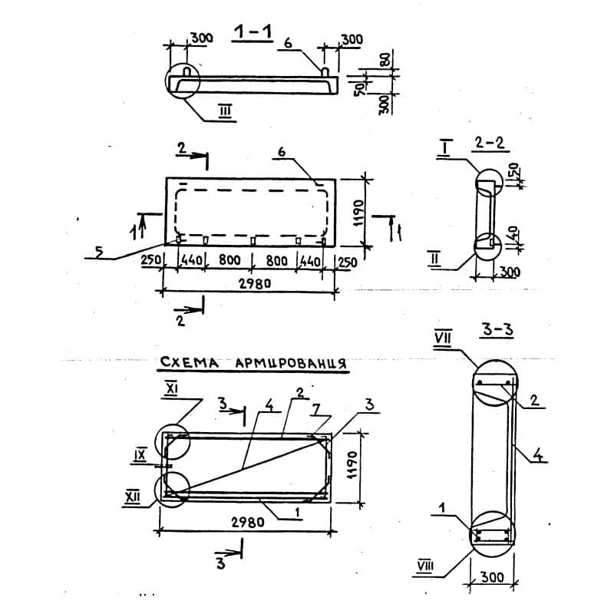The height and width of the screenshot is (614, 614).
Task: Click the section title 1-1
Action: point(253,32)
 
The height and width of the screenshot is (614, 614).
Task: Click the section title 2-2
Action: point(489,144)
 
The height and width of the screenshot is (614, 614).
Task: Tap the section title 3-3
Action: point(497,329)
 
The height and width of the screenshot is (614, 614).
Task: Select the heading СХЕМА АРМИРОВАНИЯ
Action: point(253,362)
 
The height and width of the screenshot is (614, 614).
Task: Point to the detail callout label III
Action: point(226,111)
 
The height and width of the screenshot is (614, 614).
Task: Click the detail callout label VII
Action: point(443,338)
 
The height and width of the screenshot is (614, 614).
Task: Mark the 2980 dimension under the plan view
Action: point(255,283)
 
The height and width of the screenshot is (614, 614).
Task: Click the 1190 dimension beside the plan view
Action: point(358,213)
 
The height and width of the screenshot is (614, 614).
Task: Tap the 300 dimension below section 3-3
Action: point(492,577)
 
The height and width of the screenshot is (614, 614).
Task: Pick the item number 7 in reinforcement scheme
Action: point(315,409)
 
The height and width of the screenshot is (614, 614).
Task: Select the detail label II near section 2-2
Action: point(434,259)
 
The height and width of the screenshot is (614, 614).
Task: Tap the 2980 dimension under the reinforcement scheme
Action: point(247,522)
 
